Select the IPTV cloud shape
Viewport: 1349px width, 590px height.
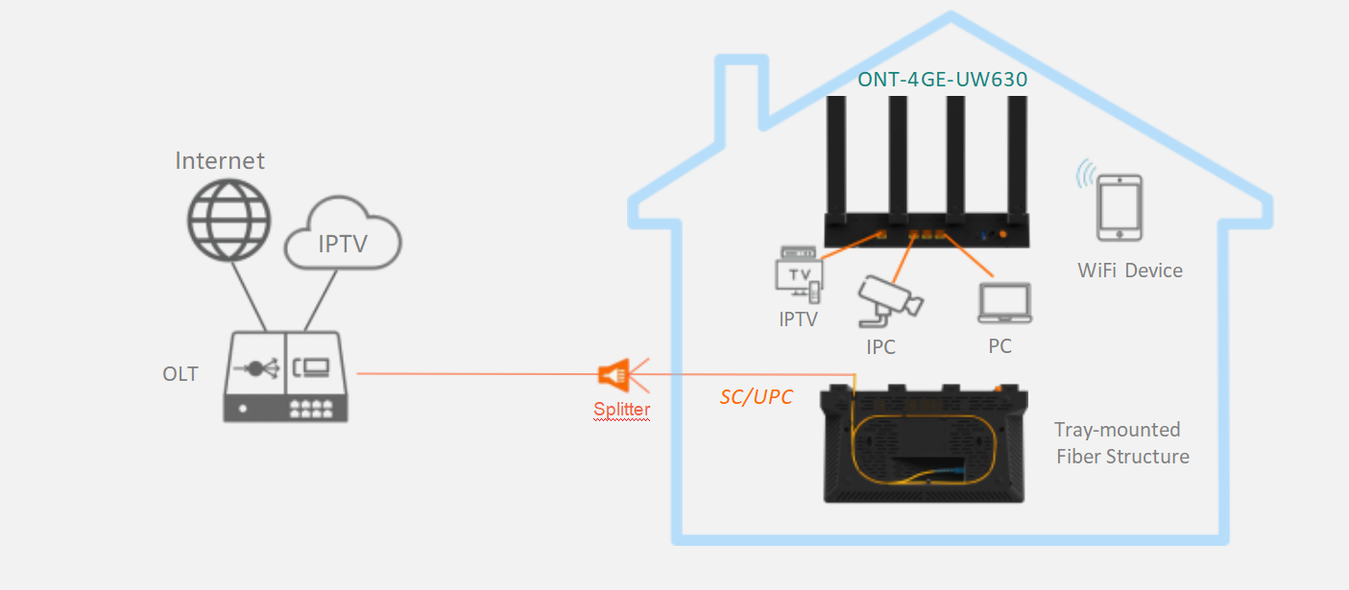[342, 238]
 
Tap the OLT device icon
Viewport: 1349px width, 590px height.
[286, 377]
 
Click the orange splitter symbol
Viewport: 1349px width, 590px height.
[615, 374]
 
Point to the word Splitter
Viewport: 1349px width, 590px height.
[621, 410]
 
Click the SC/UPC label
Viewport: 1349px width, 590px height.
[756, 396]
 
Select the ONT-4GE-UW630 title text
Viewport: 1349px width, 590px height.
[943, 80]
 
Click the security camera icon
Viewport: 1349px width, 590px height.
[889, 296]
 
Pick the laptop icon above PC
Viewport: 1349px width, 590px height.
[1003, 304]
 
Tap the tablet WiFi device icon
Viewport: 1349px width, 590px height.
[1119, 206]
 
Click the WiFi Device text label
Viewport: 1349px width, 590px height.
[1130, 271]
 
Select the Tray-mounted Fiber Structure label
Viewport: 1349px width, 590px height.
[1121, 442]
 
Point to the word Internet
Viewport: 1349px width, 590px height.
[220, 160]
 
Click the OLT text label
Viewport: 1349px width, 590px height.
[181, 373]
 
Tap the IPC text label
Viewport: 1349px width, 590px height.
[880, 347]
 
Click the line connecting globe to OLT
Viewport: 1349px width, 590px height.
[247, 295]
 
